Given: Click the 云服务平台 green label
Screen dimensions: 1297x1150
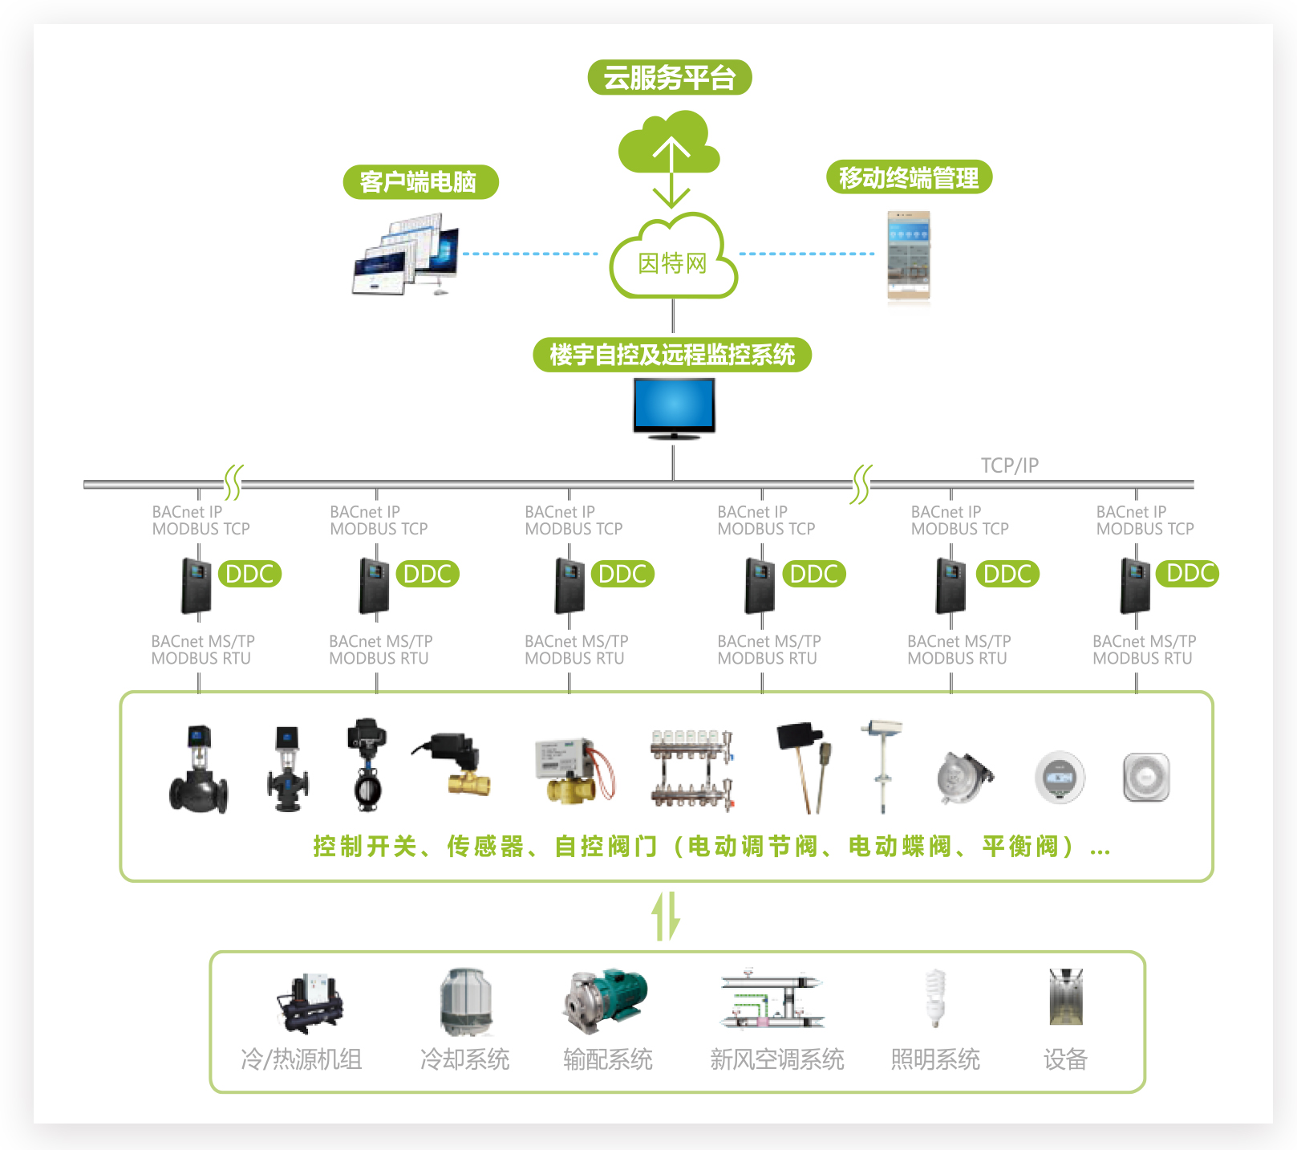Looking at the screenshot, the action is coord(670,78).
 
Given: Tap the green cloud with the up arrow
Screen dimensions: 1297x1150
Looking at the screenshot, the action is coord(668,143).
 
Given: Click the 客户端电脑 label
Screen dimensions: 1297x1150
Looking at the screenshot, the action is coord(420,182).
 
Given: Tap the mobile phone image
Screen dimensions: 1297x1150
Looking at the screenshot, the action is coord(909,255).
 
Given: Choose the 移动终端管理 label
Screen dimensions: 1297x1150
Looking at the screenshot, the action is coord(909,177).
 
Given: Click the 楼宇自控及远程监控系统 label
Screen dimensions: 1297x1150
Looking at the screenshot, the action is coord(672,355).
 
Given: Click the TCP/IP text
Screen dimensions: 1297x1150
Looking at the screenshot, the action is coord(1009,465).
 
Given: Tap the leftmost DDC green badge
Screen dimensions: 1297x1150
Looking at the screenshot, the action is coord(249,574).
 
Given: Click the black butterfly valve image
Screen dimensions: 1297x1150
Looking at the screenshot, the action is coord(367,765).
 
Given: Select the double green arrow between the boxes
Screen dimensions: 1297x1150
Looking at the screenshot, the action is coord(666,916).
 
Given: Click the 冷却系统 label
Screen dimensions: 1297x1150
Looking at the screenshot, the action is coord(465,1059).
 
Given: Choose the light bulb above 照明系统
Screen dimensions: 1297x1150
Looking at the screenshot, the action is coord(935,998).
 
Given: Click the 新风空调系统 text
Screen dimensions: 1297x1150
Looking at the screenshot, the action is coord(777,1059).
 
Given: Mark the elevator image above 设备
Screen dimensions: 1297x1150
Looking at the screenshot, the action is coord(1066,997).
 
